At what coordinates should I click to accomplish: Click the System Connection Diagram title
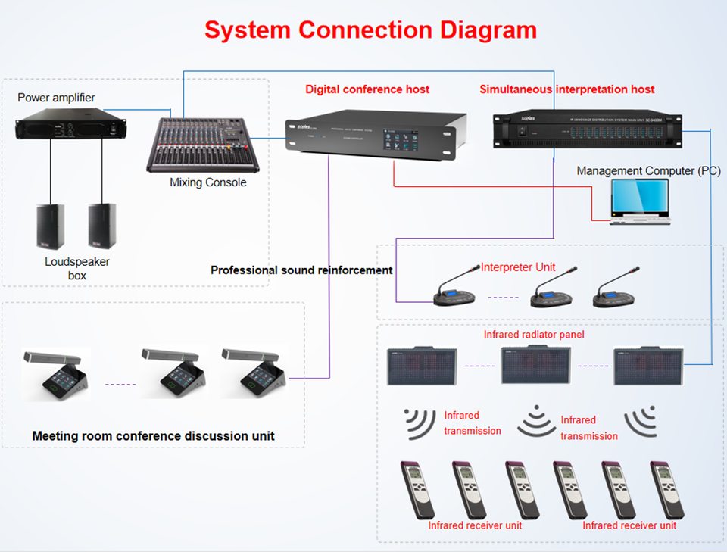(370, 30)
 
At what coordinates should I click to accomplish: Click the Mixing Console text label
(208, 182)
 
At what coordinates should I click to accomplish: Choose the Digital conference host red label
(367, 89)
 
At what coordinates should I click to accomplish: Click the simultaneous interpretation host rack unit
(588, 129)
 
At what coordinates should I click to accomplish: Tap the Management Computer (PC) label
(648, 171)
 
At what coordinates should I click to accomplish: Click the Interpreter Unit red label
(519, 267)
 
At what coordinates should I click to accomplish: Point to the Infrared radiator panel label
(534, 334)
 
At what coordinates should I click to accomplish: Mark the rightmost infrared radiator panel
(647, 367)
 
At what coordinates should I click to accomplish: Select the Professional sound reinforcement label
(301, 270)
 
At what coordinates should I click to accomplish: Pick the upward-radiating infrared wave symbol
(536, 422)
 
